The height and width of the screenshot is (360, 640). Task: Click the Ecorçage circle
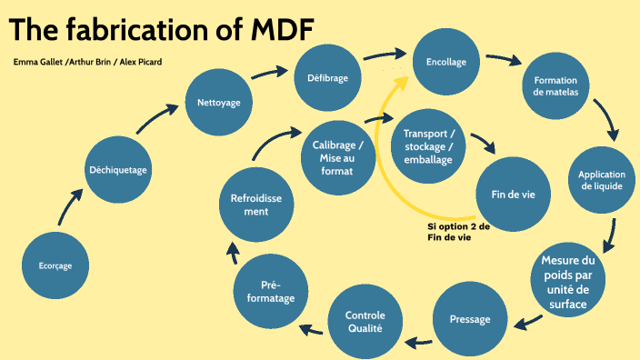coord(55,266)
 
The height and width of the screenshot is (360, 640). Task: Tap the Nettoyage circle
coord(219,103)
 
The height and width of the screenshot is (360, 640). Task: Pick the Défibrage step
coord(327,78)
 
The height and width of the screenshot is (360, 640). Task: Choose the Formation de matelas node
coord(555,86)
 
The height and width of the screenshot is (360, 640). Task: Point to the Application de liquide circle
coord(601,181)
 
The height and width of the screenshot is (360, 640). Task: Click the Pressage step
coord(470,319)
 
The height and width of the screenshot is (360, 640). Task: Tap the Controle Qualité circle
coord(364,321)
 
